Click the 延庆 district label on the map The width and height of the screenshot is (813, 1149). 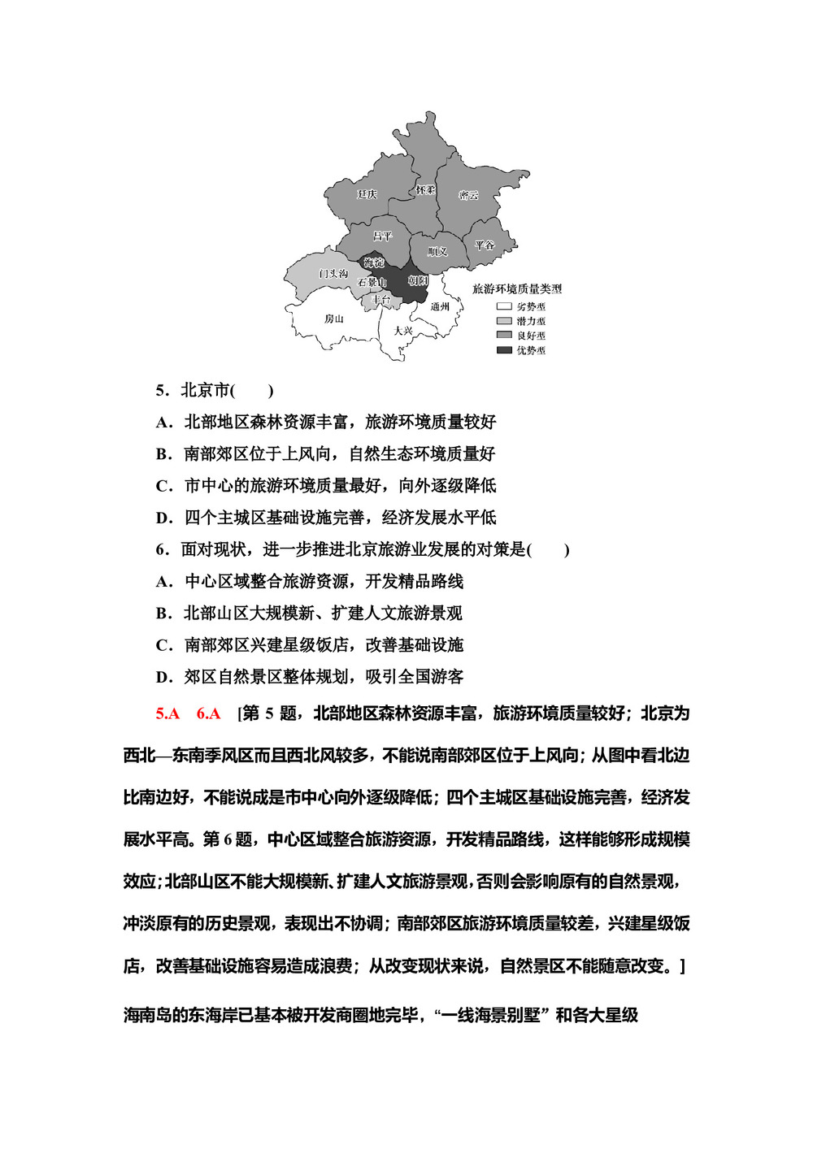[367, 194]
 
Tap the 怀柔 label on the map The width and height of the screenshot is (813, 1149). [425, 190]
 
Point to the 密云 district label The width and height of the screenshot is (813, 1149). [468, 195]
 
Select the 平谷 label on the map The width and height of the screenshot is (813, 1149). [485, 245]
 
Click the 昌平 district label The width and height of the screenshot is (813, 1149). [382, 236]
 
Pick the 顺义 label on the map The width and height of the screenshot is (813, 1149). [437, 251]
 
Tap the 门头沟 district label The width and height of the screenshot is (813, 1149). [333, 274]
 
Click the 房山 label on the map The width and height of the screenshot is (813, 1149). [333, 319]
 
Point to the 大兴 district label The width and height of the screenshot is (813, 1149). [403, 331]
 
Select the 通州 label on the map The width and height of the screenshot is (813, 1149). [440, 306]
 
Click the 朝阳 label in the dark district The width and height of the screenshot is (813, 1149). [417, 280]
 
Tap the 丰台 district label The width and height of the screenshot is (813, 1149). [380, 300]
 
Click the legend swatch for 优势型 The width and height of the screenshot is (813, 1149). [504, 350]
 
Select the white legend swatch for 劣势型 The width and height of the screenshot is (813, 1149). [504, 306]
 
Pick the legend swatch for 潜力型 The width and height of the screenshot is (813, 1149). [504, 321]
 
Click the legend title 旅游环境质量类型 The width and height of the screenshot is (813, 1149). [517, 288]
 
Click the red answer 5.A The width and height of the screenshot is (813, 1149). [167, 713]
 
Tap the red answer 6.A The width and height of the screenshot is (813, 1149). [208, 713]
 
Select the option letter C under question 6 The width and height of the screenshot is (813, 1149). [163, 645]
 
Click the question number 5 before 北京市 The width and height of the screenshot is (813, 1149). [160, 391]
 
